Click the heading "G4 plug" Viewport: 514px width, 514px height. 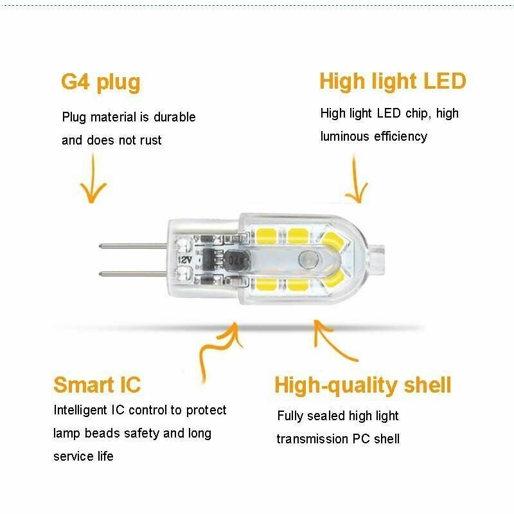(x=100, y=83)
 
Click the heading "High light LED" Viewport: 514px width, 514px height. (x=392, y=82)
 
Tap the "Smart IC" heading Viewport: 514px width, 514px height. (x=96, y=384)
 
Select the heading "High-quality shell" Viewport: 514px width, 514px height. (x=362, y=385)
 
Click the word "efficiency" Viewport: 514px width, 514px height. (x=397, y=136)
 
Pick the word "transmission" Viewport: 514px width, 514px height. (x=312, y=439)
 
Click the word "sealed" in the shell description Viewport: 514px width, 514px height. (x=329, y=416)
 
